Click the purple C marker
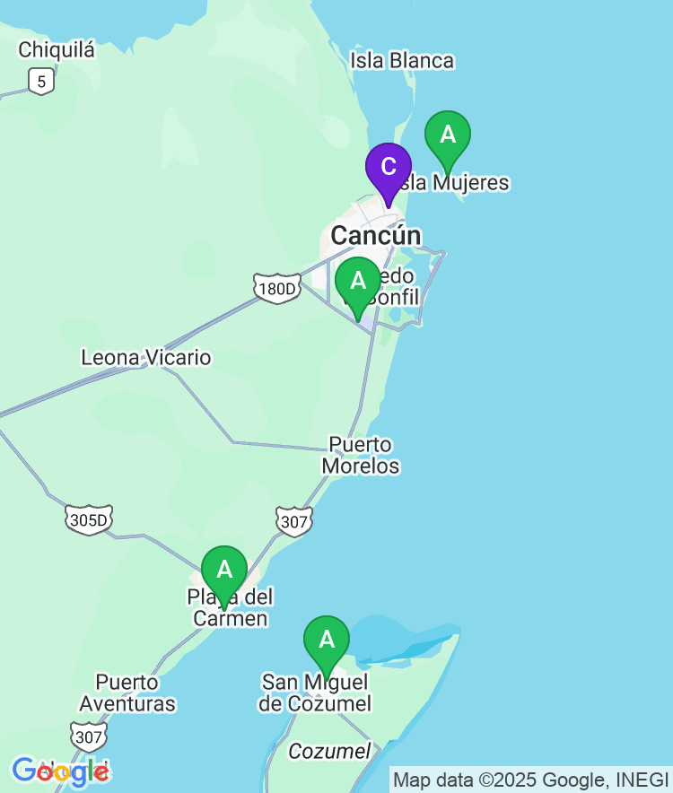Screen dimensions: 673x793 [389, 167]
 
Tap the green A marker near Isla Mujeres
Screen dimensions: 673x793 [448, 135]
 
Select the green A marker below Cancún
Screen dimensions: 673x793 [358, 282]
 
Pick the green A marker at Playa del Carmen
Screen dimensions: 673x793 [224, 571]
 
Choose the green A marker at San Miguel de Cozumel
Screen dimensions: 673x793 [327, 640]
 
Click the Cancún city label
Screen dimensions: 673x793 [375, 236]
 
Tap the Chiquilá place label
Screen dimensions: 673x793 [57, 50]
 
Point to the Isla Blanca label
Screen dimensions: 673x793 [402, 61]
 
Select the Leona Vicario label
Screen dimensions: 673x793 [146, 358]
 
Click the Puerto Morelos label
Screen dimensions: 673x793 [361, 456]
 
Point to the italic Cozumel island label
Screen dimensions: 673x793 [329, 752]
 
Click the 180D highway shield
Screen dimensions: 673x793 [277, 289]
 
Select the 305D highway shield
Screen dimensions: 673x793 [89, 519]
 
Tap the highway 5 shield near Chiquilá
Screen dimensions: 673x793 [40, 81]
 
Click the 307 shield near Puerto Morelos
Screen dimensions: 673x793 [293, 521]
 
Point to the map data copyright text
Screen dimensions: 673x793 [531, 780]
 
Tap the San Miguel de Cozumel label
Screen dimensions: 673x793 [315, 693]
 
